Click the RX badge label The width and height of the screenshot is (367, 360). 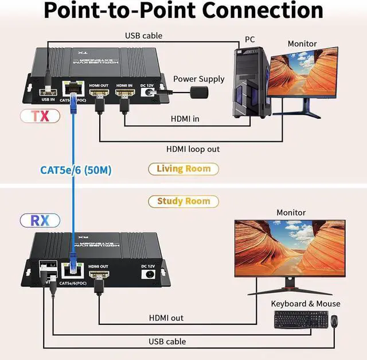point(40,220)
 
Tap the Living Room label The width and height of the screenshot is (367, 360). point(183,168)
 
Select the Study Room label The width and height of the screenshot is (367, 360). point(183,201)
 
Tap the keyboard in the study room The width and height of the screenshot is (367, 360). point(300,319)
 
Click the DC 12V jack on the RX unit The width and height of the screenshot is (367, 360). point(149,274)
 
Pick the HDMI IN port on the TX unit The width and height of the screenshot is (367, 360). point(124,92)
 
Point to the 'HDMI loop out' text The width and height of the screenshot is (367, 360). point(193,149)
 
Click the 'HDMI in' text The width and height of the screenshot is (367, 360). point(186,119)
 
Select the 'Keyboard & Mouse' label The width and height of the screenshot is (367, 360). point(306,304)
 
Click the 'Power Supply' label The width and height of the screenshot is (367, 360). point(199,79)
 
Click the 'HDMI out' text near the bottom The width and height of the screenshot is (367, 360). point(166,318)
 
